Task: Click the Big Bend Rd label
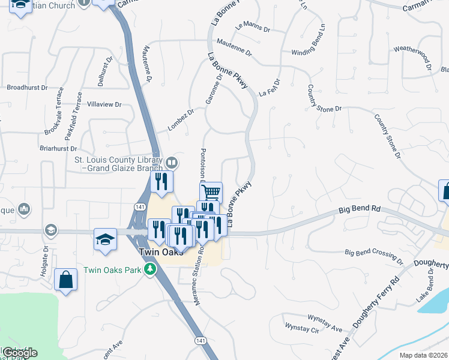[360, 209]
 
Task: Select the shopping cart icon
[211, 193]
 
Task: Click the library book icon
[171, 163]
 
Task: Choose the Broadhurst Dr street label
[28, 88]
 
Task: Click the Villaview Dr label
[104, 104]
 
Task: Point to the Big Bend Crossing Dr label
[376, 253]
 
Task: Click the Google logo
[20, 353]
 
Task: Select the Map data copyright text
[424, 355]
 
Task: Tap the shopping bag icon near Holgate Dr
[65, 280]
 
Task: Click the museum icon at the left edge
[25, 209]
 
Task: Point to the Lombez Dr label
[181, 119]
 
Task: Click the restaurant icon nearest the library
[161, 181]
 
